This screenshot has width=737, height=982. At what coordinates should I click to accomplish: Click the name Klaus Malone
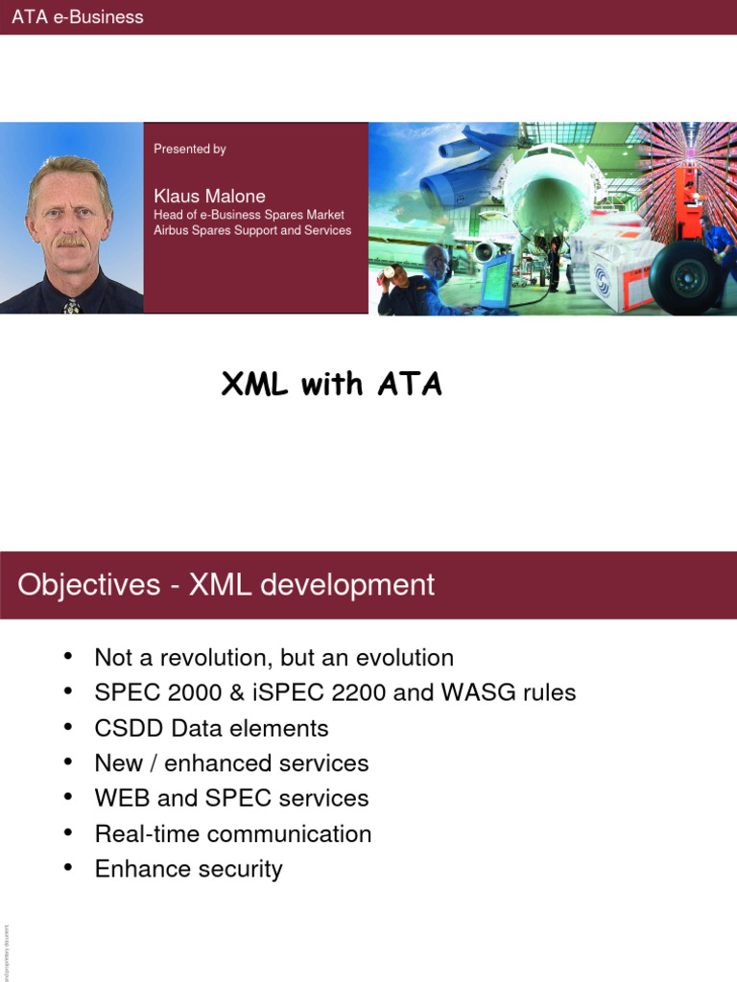(209, 197)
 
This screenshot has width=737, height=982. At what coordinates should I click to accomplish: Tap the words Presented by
(190, 149)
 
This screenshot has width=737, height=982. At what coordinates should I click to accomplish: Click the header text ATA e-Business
(78, 17)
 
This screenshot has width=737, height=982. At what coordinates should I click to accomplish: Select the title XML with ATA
(332, 385)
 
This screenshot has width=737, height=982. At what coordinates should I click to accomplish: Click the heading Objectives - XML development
(226, 585)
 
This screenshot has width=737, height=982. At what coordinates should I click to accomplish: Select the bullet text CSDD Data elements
(211, 728)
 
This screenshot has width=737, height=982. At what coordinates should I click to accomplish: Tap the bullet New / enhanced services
(231, 763)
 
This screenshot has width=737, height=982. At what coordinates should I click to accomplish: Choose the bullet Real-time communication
(233, 833)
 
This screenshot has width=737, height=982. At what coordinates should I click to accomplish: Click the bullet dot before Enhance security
(67, 868)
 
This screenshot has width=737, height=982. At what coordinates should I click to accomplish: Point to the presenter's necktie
(71, 306)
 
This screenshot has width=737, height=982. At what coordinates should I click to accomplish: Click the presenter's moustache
(70, 242)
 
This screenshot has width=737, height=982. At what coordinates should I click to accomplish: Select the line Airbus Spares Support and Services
(252, 230)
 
